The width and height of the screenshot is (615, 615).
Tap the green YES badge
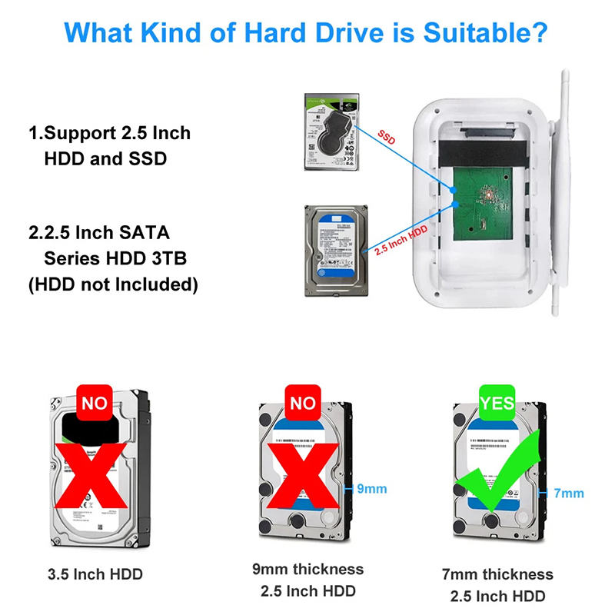(497, 403)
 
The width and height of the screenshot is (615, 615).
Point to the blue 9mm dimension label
(373, 488)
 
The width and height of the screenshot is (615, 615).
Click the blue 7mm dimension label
(569, 493)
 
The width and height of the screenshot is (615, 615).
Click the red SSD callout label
(386, 137)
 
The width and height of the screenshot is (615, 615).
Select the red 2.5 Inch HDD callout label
(401, 242)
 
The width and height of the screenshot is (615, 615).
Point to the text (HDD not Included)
(113, 284)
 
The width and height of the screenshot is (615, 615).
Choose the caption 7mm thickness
(497, 574)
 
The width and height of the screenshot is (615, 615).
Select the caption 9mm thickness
(307, 570)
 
